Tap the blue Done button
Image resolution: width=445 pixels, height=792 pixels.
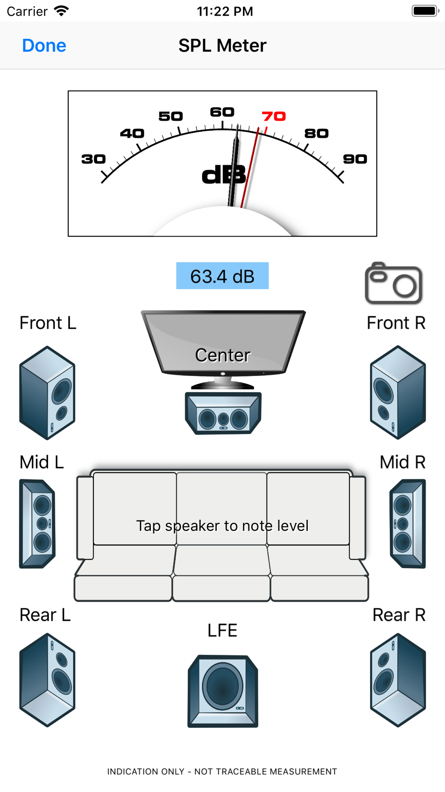44,45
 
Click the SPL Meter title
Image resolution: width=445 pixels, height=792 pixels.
222,45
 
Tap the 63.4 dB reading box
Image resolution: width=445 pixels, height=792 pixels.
222,276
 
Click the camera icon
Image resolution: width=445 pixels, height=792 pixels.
393,284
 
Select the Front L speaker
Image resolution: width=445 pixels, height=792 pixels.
47,392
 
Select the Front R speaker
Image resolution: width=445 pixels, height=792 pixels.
398,392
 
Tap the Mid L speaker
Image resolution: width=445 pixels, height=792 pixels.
37,523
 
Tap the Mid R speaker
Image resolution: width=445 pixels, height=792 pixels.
408,523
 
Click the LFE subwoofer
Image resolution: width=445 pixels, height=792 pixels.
222,691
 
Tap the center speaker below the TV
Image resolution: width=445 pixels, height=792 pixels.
223,413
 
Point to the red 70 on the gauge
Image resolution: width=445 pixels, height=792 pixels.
274,116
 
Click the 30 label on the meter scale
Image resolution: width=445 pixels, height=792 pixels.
93,159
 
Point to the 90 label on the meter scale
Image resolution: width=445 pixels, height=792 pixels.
355,159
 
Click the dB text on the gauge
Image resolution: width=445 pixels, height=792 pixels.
223,176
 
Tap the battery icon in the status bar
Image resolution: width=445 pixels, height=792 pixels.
425,11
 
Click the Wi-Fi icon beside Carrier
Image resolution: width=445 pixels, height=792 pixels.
61,11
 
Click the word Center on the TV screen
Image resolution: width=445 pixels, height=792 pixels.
222,355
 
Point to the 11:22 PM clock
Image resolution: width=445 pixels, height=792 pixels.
225,11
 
